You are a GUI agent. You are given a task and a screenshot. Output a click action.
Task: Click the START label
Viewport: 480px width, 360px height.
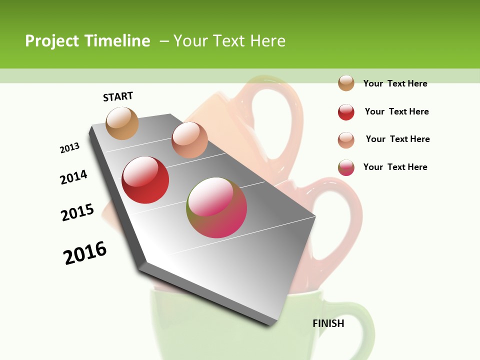click(x=118, y=96)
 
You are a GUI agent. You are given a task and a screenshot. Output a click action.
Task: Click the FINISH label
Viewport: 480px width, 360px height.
click(x=328, y=323)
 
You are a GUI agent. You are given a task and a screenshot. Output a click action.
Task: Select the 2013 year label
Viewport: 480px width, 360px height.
click(x=70, y=148)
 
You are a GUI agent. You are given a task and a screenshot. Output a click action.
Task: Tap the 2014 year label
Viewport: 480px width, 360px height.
click(x=74, y=177)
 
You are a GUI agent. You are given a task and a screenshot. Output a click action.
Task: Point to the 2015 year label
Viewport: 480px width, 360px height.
click(x=77, y=212)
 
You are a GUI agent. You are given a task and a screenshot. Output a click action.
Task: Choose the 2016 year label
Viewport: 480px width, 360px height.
click(x=85, y=253)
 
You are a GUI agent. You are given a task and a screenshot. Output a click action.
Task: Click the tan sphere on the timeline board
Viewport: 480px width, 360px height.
click(x=122, y=123)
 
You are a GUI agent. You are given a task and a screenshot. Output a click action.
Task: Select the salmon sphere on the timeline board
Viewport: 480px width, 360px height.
click(x=189, y=139)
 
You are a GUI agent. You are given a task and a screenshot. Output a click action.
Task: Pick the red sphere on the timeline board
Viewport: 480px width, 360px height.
click(x=145, y=180)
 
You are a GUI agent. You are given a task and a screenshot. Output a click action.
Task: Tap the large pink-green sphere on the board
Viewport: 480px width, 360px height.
click(x=217, y=207)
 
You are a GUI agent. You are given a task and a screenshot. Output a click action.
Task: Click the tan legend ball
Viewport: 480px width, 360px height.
click(x=346, y=83)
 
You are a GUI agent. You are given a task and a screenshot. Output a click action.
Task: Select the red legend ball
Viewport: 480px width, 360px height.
click(x=346, y=112)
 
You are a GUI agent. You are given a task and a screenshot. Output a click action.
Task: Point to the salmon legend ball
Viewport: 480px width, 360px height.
click(x=346, y=140)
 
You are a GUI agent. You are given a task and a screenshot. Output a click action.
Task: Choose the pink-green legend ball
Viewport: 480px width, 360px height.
click(x=346, y=167)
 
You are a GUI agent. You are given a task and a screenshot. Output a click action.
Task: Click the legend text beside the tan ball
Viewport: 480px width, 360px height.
click(x=395, y=83)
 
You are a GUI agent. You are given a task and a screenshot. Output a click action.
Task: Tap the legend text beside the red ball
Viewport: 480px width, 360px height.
click(x=396, y=111)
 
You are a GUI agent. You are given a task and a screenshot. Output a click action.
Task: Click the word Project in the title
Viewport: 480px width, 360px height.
click(x=52, y=41)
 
